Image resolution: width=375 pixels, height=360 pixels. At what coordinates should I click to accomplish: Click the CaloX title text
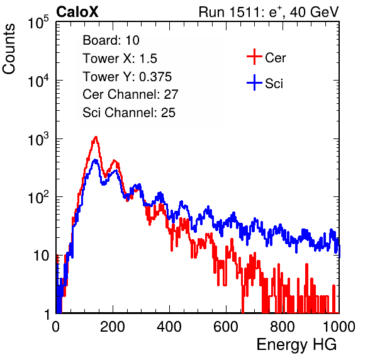(x=77, y=12)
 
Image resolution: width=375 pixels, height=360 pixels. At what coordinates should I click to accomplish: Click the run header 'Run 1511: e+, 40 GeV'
(x=269, y=12)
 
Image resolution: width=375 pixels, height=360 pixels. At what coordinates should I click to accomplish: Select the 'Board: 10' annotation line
(x=111, y=40)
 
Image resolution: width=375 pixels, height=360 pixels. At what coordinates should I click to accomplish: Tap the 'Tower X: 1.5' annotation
(x=120, y=59)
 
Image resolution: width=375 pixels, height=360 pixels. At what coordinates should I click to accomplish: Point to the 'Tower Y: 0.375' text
(x=127, y=77)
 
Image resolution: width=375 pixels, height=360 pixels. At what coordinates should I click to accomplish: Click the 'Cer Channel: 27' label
(x=130, y=94)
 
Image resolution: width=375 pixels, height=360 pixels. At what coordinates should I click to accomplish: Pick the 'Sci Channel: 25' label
(x=129, y=113)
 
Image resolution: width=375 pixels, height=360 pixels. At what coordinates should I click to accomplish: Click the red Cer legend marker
(x=254, y=57)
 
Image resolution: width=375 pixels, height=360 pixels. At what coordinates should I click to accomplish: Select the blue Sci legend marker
(x=254, y=82)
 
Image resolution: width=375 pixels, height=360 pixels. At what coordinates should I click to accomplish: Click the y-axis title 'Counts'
(x=9, y=49)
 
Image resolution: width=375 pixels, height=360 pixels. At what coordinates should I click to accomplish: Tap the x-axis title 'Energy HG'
(x=296, y=345)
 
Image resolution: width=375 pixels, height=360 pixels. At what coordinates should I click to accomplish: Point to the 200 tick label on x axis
(x=113, y=327)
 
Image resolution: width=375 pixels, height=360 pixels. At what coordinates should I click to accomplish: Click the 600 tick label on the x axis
(x=226, y=327)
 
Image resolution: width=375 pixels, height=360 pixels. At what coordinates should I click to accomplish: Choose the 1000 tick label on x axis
(x=339, y=327)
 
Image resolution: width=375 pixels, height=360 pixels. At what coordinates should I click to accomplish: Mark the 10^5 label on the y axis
(x=38, y=22)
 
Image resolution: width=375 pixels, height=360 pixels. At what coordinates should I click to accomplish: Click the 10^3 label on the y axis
(x=38, y=139)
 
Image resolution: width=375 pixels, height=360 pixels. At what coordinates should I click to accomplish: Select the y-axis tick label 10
(x=41, y=256)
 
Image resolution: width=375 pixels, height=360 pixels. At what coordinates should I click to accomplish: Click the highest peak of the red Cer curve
(x=96, y=137)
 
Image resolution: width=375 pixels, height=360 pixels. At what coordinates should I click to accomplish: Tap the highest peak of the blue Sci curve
(x=95, y=160)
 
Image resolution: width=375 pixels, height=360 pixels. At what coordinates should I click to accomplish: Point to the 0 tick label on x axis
(x=56, y=327)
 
